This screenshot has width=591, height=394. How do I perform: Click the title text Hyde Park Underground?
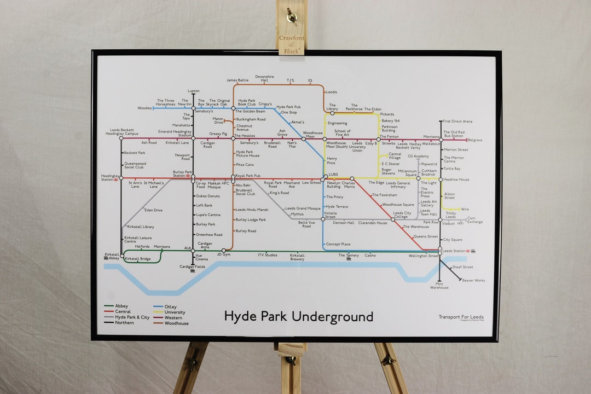[298, 316]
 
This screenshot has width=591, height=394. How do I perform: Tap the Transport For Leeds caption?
[461, 317]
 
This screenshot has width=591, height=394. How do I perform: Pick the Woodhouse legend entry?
[176, 323]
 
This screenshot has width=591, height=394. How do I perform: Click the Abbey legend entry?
[121, 306]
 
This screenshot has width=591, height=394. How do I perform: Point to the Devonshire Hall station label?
[264, 78]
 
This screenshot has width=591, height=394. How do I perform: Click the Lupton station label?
[193, 91]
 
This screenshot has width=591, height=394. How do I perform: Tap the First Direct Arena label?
[457, 121]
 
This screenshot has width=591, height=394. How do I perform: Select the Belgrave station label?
[474, 140]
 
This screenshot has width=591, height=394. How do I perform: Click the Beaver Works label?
[473, 280]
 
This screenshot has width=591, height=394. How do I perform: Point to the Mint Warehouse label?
[439, 286]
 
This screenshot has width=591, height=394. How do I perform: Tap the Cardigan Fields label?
[193, 266]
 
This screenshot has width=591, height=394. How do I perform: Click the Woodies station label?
[144, 108]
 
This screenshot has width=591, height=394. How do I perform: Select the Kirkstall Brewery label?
[297, 257]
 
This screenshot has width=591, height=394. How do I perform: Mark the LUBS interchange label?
[333, 175]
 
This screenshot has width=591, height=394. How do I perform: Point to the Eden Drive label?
[153, 210]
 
